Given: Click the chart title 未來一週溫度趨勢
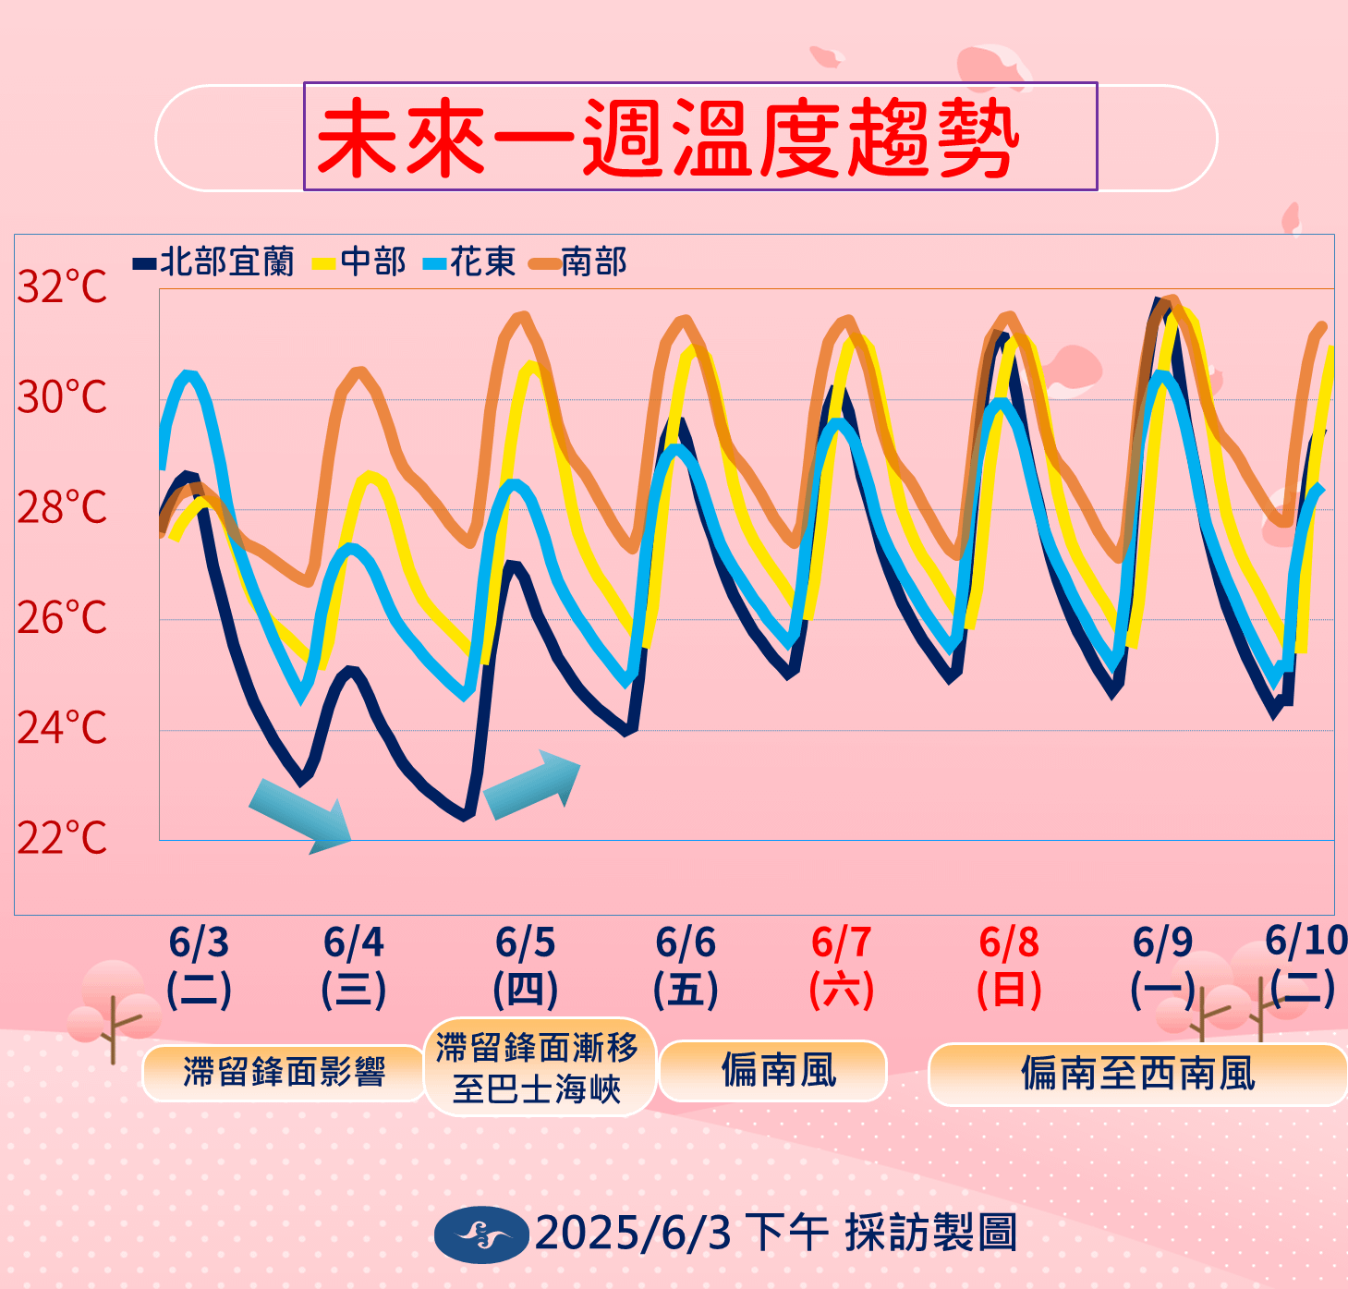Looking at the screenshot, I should click(x=667, y=139).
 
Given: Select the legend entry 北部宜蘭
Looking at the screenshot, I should click(x=215, y=262).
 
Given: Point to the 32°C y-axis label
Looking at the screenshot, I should click(x=62, y=287).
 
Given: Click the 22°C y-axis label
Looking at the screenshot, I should click(x=62, y=839).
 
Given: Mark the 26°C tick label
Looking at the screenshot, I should click(x=62, y=618).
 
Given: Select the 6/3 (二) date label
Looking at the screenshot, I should click(x=199, y=966).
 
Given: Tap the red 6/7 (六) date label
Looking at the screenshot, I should click(x=841, y=966).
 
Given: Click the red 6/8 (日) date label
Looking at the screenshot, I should click(x=1009, y=966).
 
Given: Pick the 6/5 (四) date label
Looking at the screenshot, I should click(x=526, y=966).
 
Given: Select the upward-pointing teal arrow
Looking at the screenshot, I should click(x=532, y=785).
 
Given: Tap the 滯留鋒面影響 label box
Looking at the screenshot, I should click(x=284, y=1073).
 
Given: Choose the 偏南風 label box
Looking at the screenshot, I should click(x=774, y=1071).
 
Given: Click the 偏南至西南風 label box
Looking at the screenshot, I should click(x=1137, y=1074).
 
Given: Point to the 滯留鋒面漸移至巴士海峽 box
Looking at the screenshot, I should click(x=539, y=1067).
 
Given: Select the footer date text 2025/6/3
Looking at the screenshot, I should click(x=633, y=1234).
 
